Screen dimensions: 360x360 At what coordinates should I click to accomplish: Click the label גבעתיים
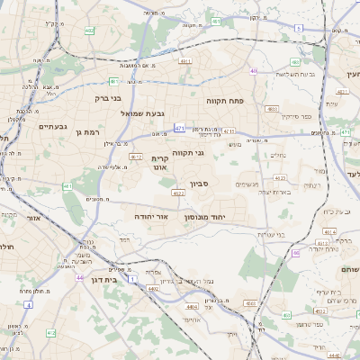tap(51, 127)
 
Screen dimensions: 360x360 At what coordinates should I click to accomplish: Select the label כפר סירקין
tap(295, 116)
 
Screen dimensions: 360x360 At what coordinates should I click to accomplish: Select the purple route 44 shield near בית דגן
tap(80, 278)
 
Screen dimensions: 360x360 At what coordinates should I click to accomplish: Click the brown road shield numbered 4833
tap(272, 108)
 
